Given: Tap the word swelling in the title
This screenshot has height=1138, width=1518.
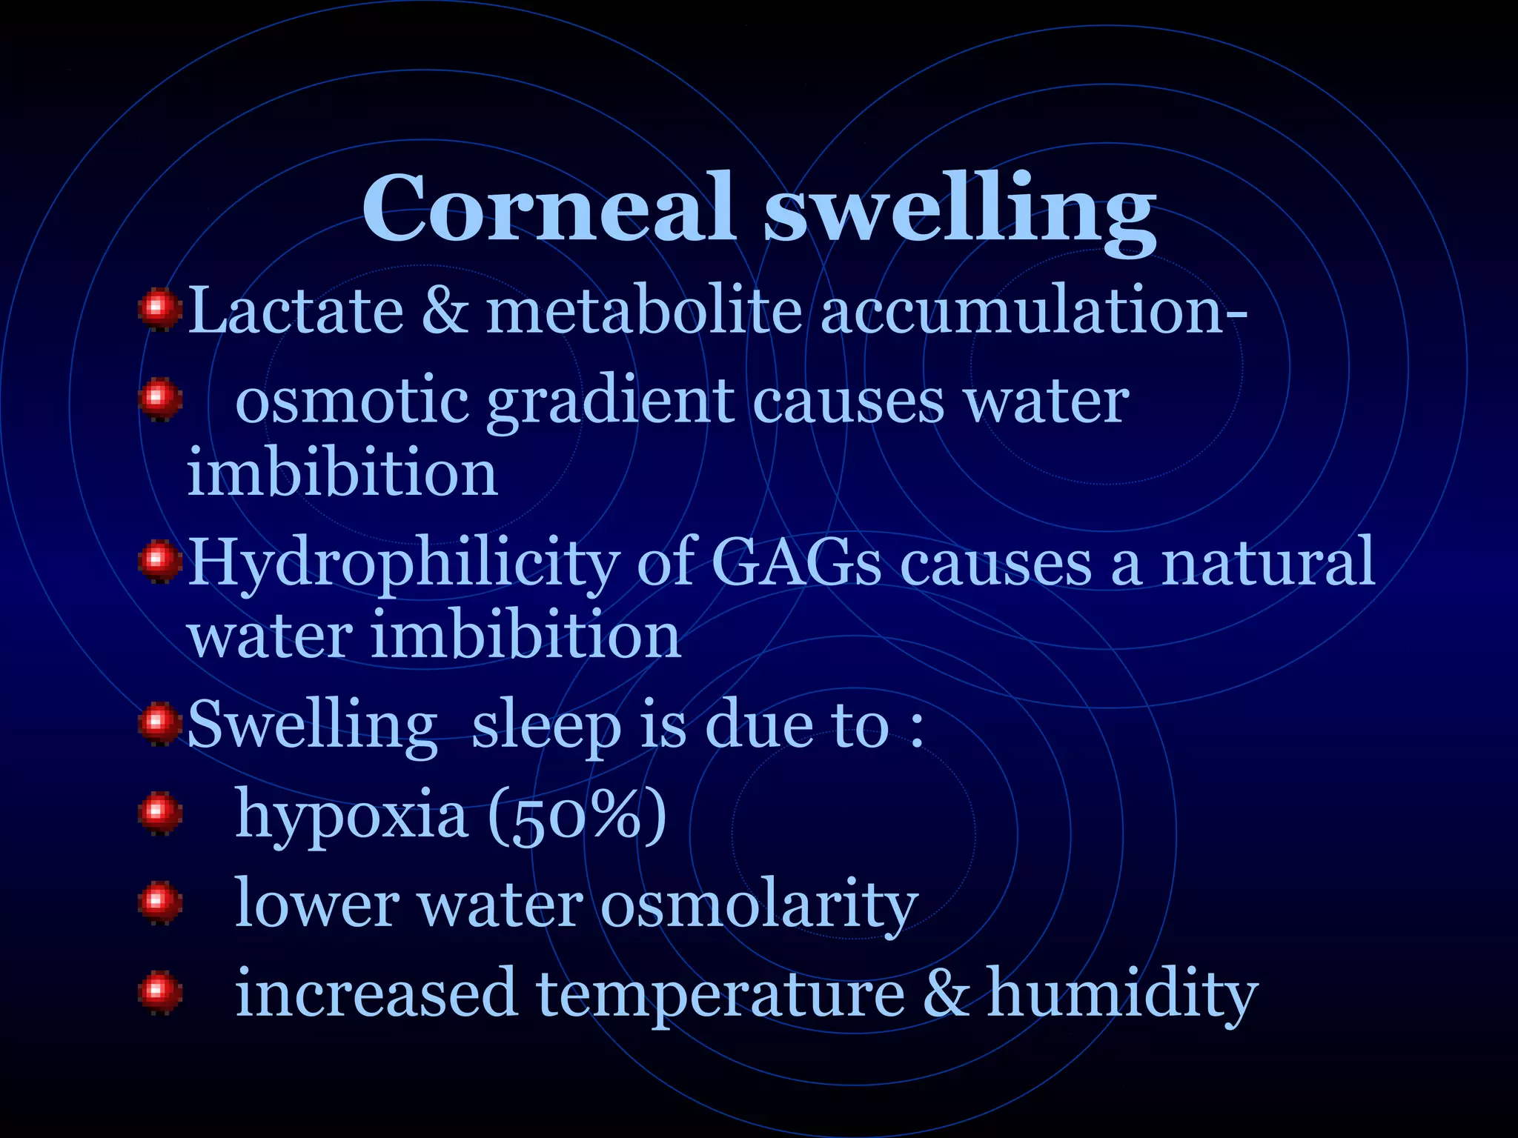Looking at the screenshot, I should [959, 211].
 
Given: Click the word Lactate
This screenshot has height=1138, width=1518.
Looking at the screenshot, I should [296, 310].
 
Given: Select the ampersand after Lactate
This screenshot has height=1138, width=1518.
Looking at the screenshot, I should [445, 310].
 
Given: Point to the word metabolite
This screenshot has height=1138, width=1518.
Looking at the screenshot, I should [643, 310].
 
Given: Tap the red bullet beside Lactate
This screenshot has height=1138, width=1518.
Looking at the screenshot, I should [159, 311].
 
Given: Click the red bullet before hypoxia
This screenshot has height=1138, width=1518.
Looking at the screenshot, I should [159, 813].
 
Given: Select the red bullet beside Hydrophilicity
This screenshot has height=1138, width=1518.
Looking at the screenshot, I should [159, 562].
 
